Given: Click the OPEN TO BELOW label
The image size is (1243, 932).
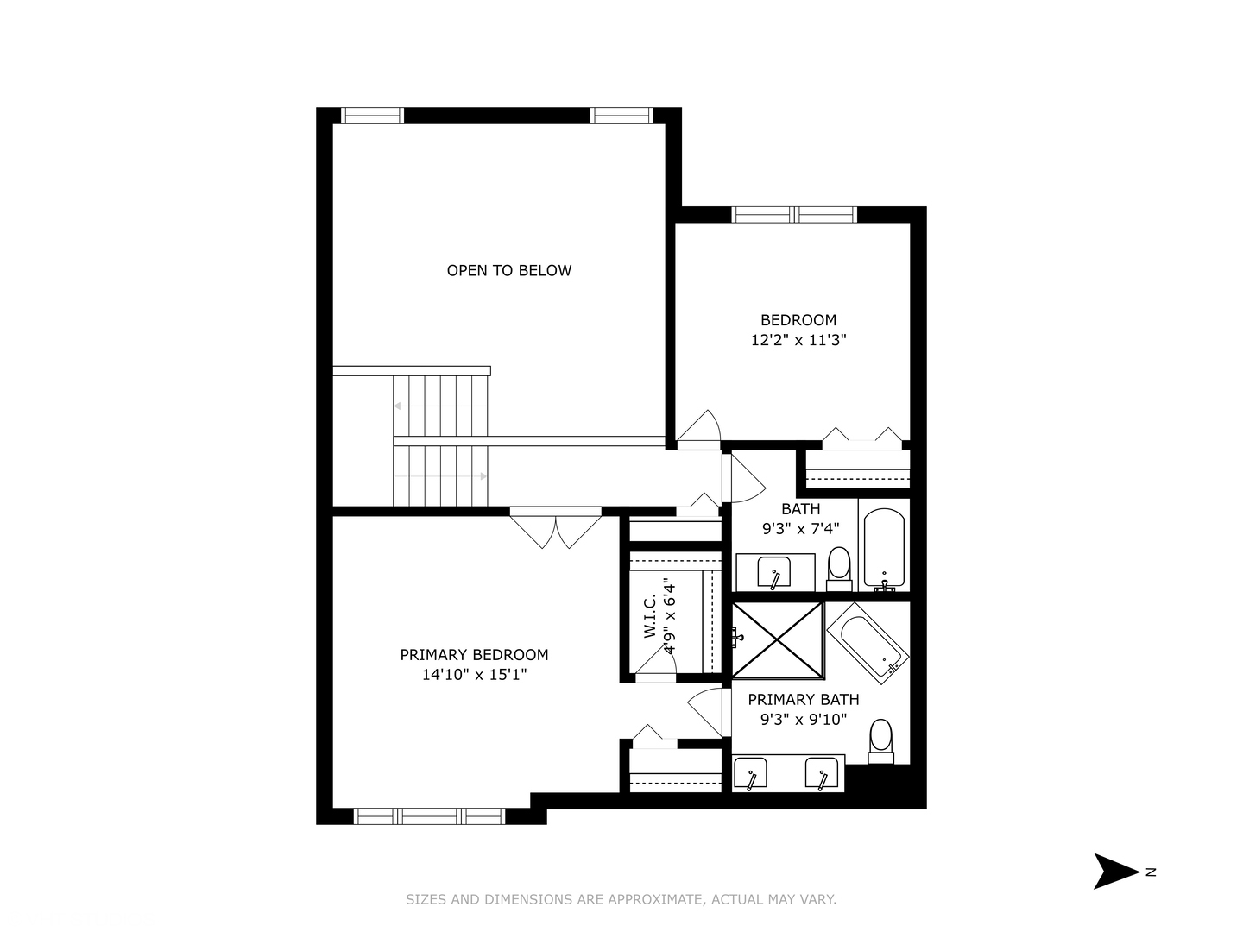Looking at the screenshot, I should coord(508,270).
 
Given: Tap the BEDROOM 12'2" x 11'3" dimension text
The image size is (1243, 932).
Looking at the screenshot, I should coord(798,340).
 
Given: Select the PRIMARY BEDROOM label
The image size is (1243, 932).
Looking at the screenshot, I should coord(474,655).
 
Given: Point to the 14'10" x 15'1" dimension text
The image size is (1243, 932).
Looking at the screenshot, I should coord(474,675).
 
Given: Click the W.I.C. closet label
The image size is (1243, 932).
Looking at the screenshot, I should coord(650,615).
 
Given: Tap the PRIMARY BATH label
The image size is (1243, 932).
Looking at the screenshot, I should coord(803,700).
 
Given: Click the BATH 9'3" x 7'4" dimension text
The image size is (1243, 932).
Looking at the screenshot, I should coord(800,528).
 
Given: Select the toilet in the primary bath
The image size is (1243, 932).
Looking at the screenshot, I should coord(880,740).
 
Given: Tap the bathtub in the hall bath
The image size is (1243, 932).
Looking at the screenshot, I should coord(884,546).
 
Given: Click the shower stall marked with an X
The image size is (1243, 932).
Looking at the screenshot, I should coord(777,639).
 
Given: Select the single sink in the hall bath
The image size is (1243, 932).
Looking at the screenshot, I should coord(774,572).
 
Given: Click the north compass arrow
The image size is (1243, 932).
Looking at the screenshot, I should coord(1115,871).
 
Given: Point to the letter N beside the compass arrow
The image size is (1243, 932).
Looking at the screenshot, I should coord(1151,872).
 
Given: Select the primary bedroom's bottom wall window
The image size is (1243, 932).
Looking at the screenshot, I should coord(429,816).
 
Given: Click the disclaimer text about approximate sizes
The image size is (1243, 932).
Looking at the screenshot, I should coord(621,899).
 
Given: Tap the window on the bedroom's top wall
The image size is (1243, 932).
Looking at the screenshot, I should coord(794,214).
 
